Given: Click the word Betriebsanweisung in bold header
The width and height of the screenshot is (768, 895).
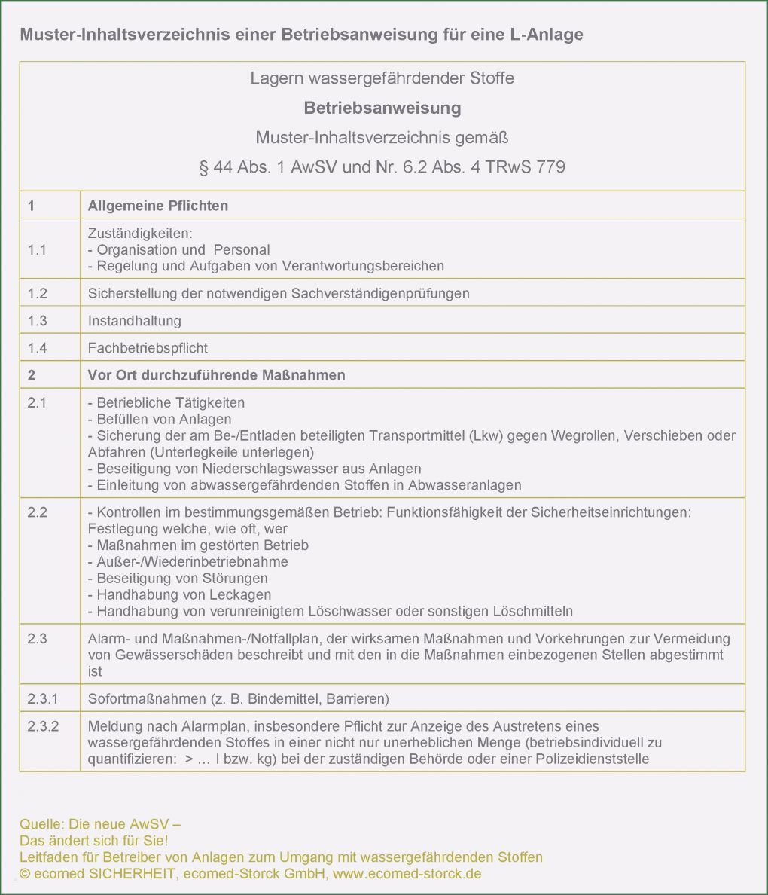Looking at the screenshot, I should click(x=382, y=108).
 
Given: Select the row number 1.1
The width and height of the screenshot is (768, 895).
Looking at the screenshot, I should click(x=37, y=249).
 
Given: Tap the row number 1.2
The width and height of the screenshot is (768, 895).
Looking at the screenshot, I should click(x=37, y=293).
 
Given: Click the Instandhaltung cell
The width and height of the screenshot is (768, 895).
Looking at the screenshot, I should click(x=134, y=320).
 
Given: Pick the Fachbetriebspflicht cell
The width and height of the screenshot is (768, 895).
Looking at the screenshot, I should click(x=148, y=347).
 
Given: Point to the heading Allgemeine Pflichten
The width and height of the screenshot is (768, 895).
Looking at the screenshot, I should click(x=157, y=206).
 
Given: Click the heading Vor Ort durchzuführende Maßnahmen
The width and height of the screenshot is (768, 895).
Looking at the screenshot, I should click(x=216, y=375).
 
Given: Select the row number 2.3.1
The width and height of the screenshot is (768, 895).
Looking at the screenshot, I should click(x=43, y=698).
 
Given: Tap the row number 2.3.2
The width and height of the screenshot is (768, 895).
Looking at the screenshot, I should click(x=43, y=726).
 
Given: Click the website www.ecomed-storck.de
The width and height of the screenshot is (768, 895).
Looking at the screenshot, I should click(x=407, y=874).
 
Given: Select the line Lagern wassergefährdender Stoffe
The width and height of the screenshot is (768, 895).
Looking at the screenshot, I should click(x=382, y=78).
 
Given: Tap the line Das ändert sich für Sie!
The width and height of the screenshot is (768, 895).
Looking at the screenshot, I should click(x=94, y=841).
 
